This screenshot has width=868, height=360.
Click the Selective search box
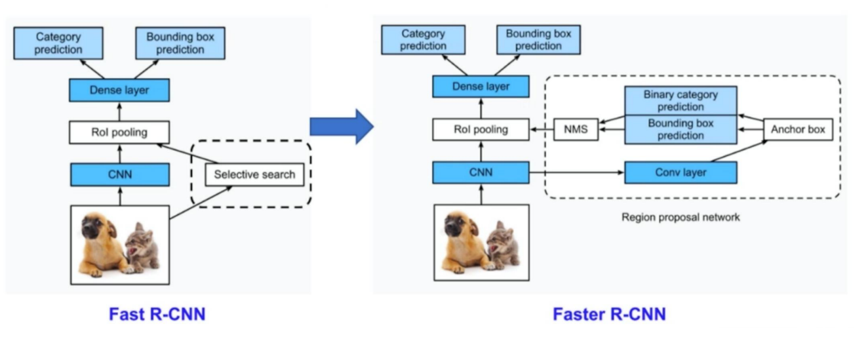pyautogui.click(x=254, y=174)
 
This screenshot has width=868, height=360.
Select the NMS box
pyautogui.click(x=576, y=130)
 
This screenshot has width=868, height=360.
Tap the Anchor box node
pyautogui.click(x=797, y=129)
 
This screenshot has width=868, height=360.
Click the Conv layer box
pyautogui.click(x=680, y=172)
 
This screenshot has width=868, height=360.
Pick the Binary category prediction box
pyautogui.click(x=680, y=101)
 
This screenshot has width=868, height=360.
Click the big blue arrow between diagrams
pyautogui.click(x=341, y=127)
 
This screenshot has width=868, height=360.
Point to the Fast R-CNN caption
pyautogui.click(x=157, y=315)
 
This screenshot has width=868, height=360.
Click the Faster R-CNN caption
pyautogui.click(x=608, y=315)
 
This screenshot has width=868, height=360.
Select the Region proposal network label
pyautogui.click(x=680, y=217)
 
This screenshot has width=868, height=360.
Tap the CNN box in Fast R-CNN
pyautogui.click(x=119, y=174)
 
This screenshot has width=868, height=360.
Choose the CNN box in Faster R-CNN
pyautogui.click(x=481, y=172)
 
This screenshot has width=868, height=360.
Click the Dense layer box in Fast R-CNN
pyautogui.click(x=119, y=90)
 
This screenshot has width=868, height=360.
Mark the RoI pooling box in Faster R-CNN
pyautogui.click(x=481, y=130)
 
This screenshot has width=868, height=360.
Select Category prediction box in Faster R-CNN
pyautogui.click(x=423, y=40)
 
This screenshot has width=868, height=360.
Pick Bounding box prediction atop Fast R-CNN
pyautogui.click(x=180, y=43)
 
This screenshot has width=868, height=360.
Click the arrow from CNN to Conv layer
pyautogui.click(x=576, y=172)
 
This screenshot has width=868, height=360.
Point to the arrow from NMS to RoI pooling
pyautogui.click(x=542, y=130)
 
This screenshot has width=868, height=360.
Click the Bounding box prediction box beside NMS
pyautogui.click(x=680, y=130)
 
